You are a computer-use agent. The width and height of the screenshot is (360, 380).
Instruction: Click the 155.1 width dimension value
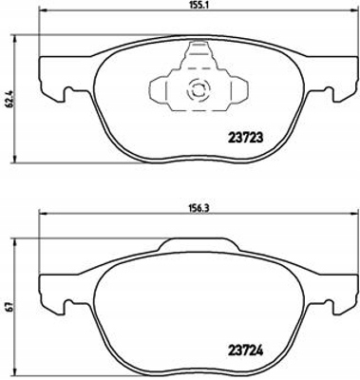click(x=198, y=5)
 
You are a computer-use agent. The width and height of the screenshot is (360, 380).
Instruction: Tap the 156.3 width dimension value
click(x=199, y=208)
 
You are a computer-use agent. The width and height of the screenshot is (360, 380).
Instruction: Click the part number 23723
click(x=245, y=138)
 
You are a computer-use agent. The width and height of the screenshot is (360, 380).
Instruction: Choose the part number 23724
click(x=246, y=351)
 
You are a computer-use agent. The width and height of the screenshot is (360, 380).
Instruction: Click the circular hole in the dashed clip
click(x=199, y=89)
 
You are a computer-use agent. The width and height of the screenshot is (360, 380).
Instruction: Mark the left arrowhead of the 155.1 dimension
click(x=43, y=11)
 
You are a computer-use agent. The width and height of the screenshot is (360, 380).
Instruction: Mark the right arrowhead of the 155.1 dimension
click(x=353, y=11)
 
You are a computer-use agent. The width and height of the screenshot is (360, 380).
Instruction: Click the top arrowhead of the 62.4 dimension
click(x=14, y=39)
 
